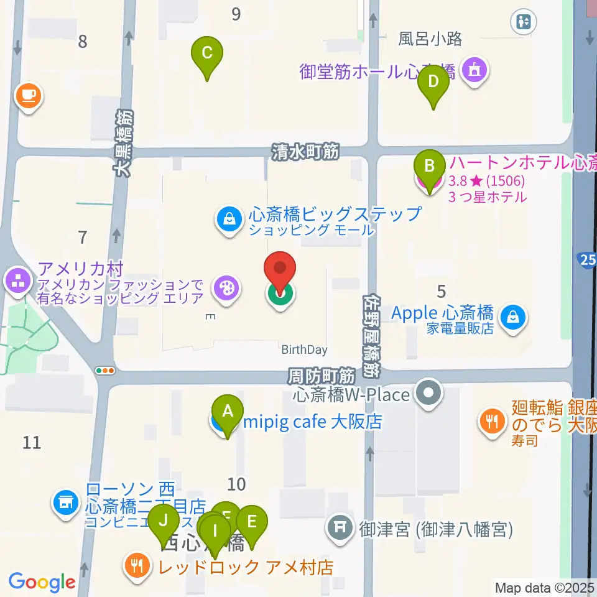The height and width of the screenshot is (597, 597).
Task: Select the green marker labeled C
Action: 207,56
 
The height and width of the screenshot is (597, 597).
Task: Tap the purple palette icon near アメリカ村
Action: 224,289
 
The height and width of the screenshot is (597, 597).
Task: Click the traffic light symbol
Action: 106,371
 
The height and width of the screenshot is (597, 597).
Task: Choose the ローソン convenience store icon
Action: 66,501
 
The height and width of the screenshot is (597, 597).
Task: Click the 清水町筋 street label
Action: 305,152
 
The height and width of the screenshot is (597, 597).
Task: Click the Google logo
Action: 42,582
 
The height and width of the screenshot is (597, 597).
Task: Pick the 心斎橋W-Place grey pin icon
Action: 428,394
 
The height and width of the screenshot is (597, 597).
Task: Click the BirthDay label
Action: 304,349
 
